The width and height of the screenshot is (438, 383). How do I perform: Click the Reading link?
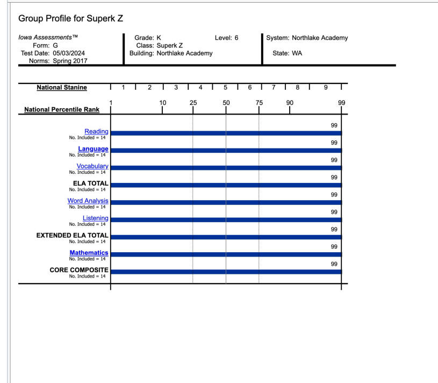point(96,132)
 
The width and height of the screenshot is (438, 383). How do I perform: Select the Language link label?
point(93,149)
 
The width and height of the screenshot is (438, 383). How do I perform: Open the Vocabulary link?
point(92,166)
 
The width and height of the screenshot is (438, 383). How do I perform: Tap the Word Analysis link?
point(88,201)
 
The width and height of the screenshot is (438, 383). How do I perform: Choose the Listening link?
point(95,218)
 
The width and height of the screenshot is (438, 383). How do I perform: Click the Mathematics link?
point(89,253)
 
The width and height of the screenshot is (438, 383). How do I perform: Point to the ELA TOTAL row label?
point(90,183)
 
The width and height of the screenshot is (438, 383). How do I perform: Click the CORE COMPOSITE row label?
point(79,270)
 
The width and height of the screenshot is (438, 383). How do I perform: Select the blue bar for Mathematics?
point(226,254)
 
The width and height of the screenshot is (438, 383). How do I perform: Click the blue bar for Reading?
point(226,133)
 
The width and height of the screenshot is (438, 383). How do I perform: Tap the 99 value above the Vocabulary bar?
point(334,160)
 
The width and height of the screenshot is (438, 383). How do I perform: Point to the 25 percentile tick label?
point(193,103)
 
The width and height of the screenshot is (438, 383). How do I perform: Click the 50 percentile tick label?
point(226,103)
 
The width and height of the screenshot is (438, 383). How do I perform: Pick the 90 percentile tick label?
point(290,103)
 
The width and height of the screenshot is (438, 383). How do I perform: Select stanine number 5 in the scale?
point(225,88)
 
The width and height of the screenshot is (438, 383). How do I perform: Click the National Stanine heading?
point(62,88)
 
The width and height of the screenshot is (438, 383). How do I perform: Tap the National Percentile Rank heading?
point(62,110)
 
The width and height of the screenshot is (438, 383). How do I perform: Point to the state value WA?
point(297,53)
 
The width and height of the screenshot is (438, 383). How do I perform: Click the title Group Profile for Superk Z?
point(71,18)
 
